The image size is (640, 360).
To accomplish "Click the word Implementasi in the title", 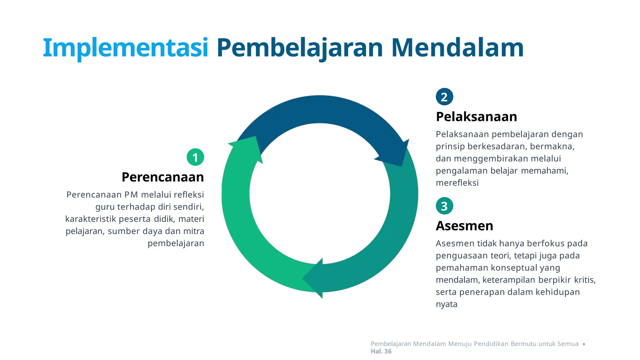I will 125,48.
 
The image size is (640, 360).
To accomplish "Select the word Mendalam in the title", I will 457,48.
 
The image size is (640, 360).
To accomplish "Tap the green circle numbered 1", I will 195,157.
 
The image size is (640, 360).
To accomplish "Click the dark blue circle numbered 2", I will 444,97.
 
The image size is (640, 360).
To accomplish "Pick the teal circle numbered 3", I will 444,206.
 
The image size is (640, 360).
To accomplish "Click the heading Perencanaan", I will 162,177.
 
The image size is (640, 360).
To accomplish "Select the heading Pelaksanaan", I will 476,117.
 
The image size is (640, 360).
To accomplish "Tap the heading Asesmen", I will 464,226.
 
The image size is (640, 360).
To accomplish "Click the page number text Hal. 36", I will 381,351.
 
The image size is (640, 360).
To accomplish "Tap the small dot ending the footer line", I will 584,344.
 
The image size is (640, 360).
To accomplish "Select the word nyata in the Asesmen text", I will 447,304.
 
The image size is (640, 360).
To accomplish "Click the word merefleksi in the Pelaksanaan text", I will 457,183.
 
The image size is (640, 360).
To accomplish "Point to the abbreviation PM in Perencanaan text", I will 131,195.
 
